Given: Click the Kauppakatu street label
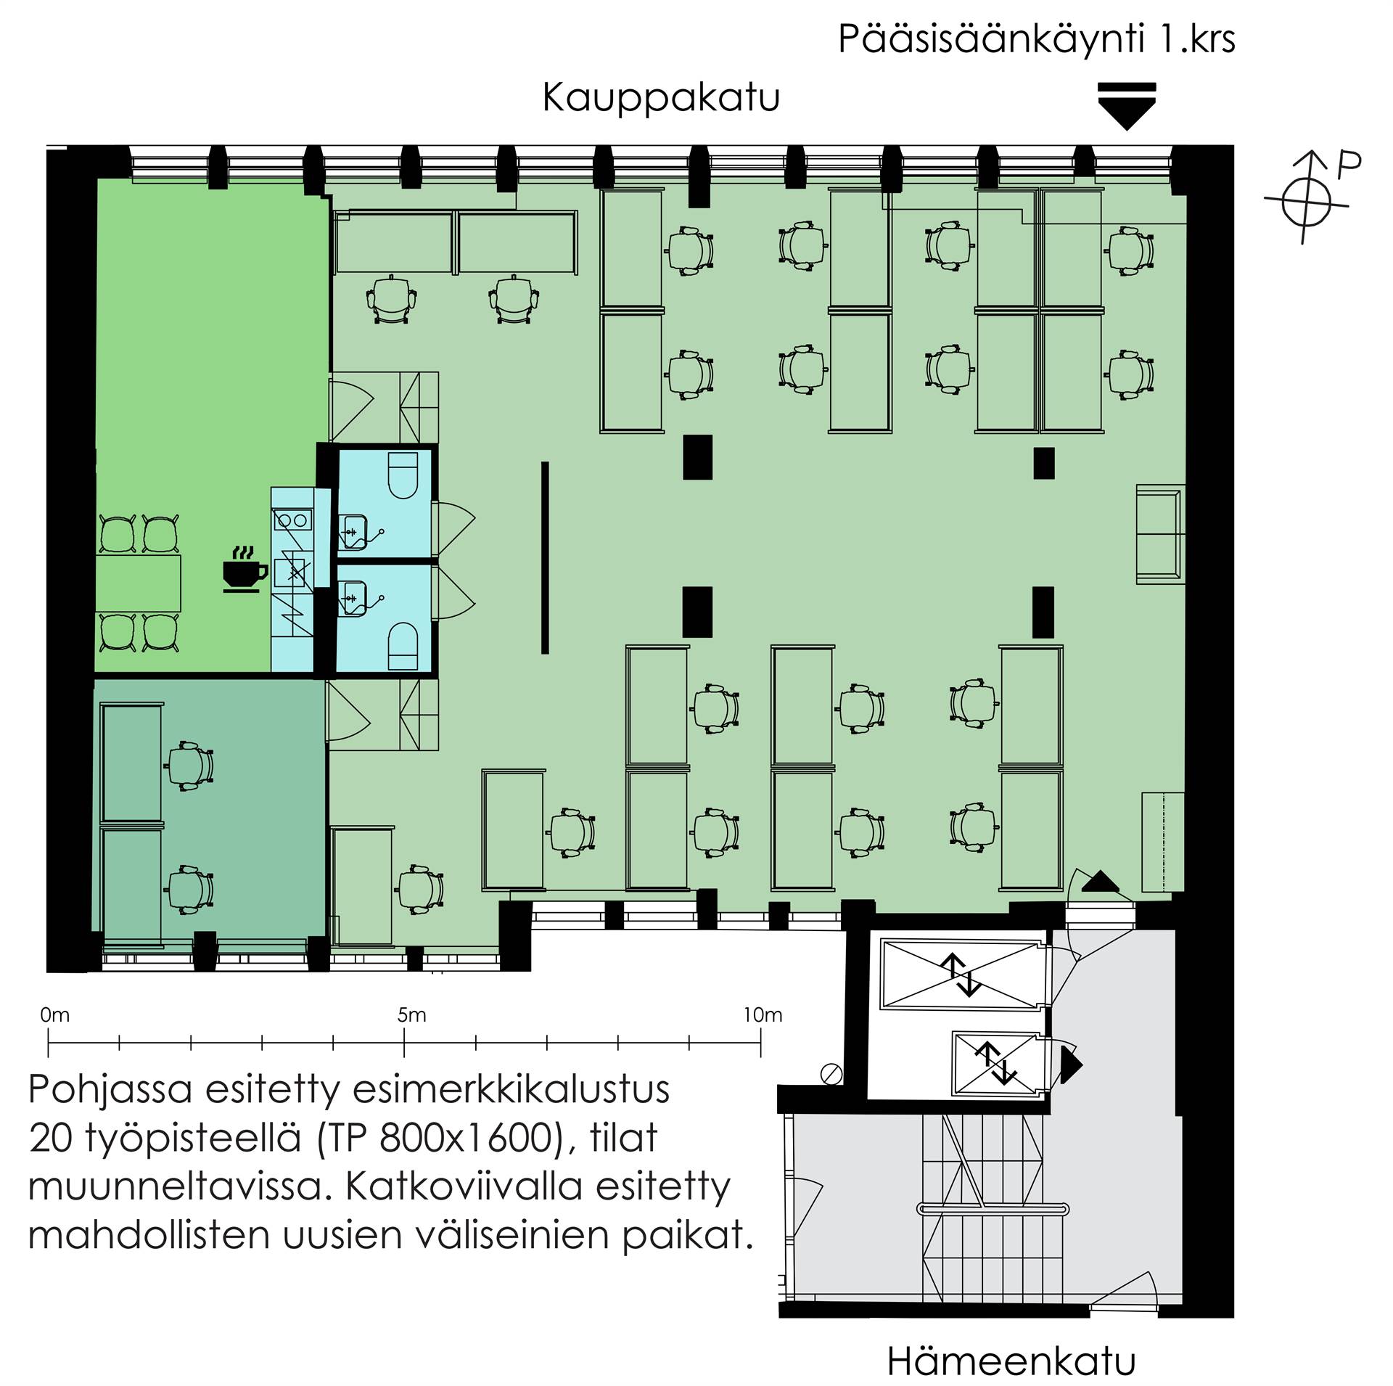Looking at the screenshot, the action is click(x=661, y=99).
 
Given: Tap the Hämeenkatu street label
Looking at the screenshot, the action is click(x=1011, y=1362).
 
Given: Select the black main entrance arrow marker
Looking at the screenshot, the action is click(x=1126, y=106).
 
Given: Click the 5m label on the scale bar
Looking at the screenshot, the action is click(x=411, y=1015).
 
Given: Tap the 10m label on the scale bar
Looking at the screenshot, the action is click(x=763, y=1015).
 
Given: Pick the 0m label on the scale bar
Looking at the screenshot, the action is click(x=55, y=1015).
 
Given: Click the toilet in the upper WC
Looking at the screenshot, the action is click(x=403, y=475).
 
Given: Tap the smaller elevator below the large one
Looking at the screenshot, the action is click(x=997, y=1065).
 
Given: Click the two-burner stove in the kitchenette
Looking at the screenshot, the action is click(x=292, y=520).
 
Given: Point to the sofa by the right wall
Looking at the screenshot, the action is click(x=1159, y=533).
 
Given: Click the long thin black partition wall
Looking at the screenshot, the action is click(x=545, y=557).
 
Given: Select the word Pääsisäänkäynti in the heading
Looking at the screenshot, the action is click(x=991, y=39).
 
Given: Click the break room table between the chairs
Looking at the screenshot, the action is click(x=138, y=583).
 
